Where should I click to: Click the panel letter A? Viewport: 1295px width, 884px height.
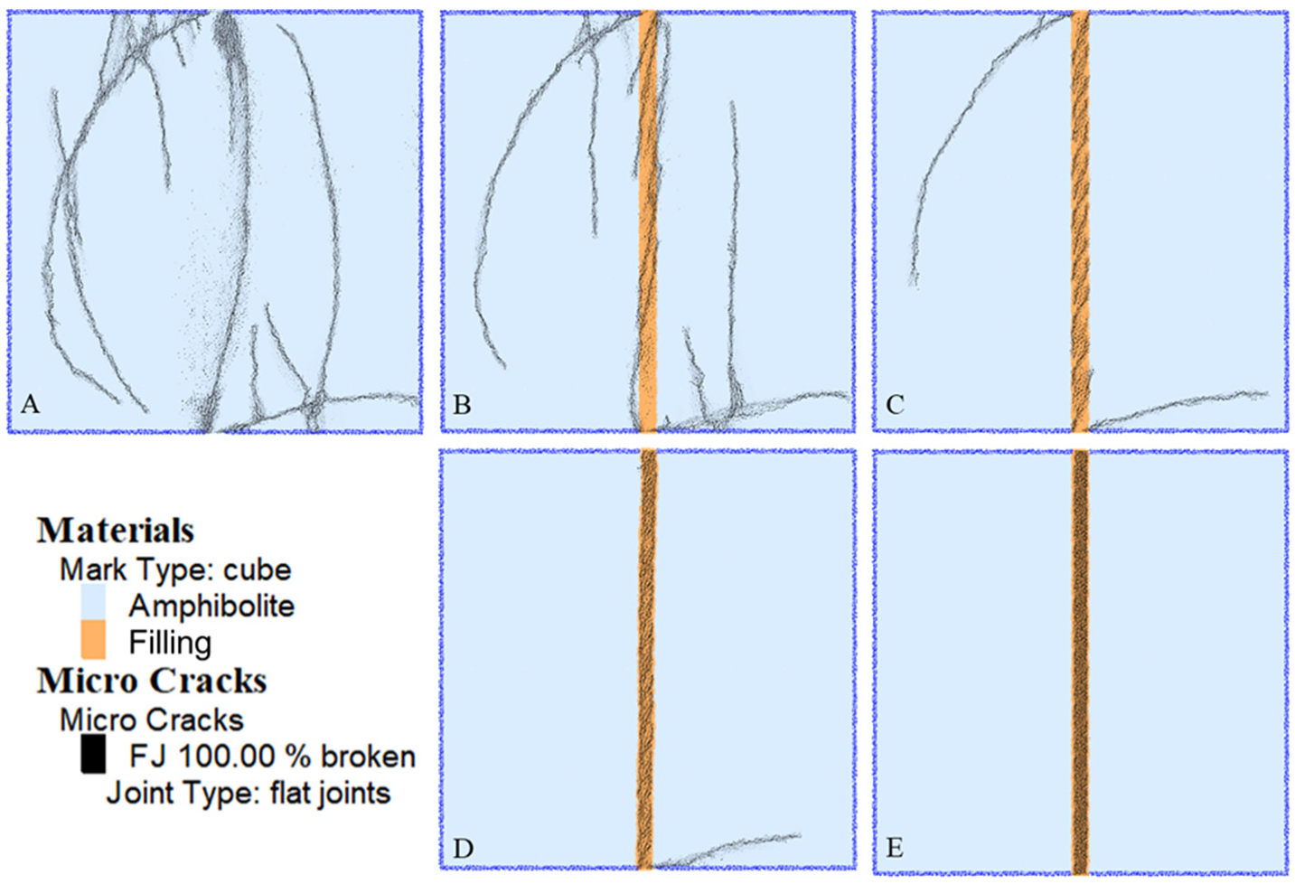click(x=30, y=404)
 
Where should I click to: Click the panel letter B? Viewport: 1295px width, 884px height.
click(x=462, y=404)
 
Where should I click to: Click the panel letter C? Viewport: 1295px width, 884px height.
click(x=895, y=404)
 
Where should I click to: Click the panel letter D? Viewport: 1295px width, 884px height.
click(x=463, y=848)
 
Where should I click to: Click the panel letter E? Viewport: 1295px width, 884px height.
click(x=895, y=848)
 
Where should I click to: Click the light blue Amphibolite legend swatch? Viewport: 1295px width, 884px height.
click(x=93, y=603)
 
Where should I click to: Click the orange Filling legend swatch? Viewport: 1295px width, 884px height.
click(x=93, y=640)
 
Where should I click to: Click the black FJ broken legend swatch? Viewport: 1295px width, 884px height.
click(x=93, y=754)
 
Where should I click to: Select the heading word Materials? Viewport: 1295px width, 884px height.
click(x=116, y=531)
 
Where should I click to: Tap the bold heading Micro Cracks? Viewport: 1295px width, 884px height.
click(x=152, y=681)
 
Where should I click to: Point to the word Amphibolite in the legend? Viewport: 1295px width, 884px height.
click(x=211, y=606)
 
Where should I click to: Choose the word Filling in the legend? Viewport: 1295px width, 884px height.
click(x=170, y=643)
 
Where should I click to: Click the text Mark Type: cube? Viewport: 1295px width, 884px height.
click(x=175, y=569)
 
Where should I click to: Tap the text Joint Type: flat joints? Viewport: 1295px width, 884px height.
click(x=249, y=794)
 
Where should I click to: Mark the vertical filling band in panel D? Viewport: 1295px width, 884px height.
click(x=645, y=651)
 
